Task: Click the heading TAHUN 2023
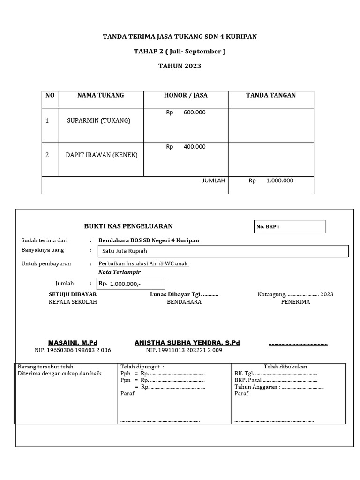click(180, 66)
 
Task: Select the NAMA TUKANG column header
click(100, 95)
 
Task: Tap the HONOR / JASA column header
click(186, 95)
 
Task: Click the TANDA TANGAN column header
click(271, 95)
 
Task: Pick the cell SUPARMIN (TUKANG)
click(99, 120)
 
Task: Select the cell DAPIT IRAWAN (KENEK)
click(101, 155)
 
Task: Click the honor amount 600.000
click(194, 112)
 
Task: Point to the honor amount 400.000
click(194, 147)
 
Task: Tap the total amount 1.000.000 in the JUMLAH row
click(279, 181)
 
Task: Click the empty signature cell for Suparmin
click(271, 125)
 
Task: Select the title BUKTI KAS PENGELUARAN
click(128, 226)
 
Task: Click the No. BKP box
click(289, 227)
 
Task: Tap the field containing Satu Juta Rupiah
click(222, 251)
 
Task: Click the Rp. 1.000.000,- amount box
click(131, 284)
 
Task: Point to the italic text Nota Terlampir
click(119, 272)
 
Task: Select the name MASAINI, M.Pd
click(73, 343)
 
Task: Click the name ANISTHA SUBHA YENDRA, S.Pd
click(187, 343)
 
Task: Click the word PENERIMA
click(295, 302)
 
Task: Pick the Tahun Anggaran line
click(278, 387)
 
